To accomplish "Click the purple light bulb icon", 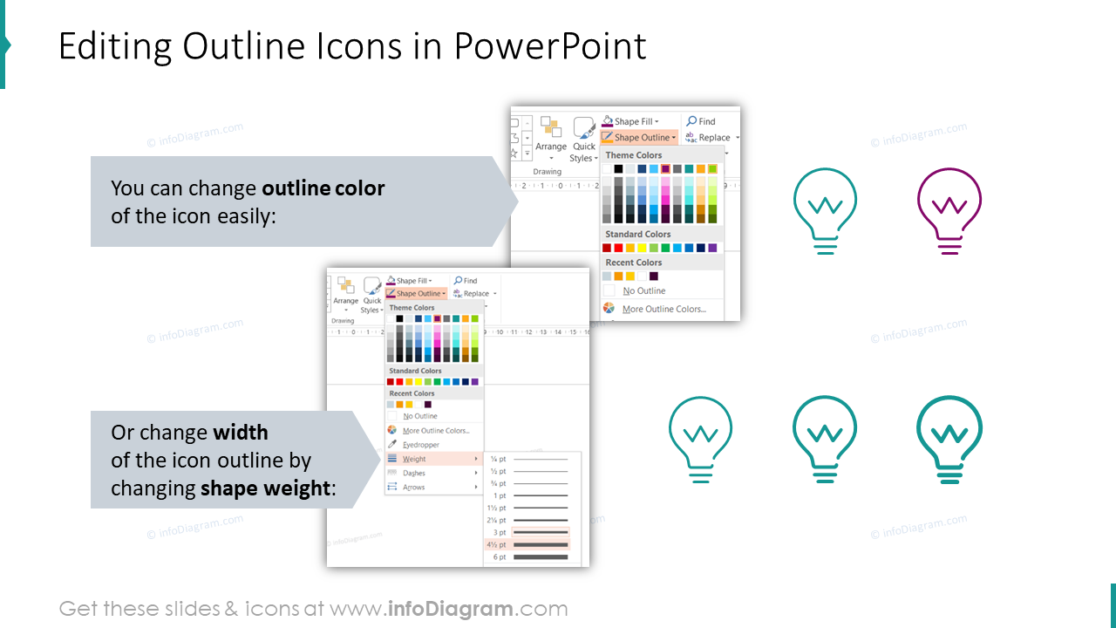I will click(x=949, y=209).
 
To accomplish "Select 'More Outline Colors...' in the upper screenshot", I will click(x=663, y=309).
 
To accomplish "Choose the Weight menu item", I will click(x=414, y=459).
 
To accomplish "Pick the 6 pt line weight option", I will click(x=527, y=557).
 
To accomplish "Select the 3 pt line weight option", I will click(x=527, y=532).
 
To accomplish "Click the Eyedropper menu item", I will click(x=420, y=445).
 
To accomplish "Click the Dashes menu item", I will click(x=414, y=473).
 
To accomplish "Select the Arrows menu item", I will click(x=414, y=488).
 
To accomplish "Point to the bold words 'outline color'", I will click(x=323, y=188).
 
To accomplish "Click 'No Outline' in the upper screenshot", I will click(x=643, y=290).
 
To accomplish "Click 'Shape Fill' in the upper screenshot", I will click(x=633, y=121).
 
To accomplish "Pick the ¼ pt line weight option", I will click(x=527, y=459).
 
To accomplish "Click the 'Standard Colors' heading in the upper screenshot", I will click(x=638, y=234).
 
